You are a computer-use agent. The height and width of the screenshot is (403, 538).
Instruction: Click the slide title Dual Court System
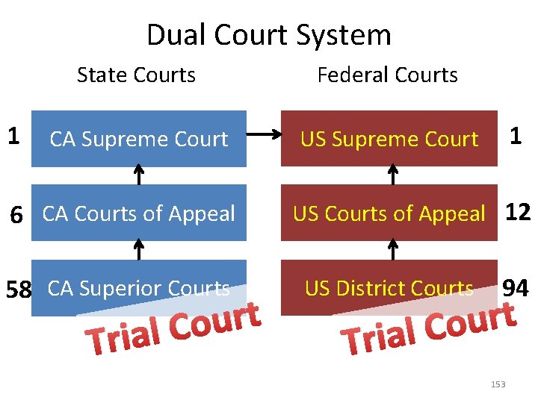pos(268,35)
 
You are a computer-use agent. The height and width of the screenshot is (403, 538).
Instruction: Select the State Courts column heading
pos(136,75)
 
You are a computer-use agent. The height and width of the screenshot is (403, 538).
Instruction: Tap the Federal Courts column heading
pos(387,75)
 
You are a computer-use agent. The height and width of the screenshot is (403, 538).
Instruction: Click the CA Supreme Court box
pos(139,139)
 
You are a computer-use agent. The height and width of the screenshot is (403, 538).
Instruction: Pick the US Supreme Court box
pos(389,139)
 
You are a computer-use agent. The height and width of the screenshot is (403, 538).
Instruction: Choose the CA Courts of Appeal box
pos(139,213)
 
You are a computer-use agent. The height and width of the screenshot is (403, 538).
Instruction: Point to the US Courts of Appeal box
pos(389,213)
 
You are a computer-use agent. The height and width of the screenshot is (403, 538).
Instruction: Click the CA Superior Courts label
pos(139,287)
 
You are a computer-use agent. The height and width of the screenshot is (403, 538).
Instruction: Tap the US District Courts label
pos(389,287)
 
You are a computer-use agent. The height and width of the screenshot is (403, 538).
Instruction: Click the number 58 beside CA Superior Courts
pos(17,289)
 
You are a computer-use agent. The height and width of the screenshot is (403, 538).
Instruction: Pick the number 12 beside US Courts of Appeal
pos(518,213)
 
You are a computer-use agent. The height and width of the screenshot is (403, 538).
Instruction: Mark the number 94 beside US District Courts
pos(516,287)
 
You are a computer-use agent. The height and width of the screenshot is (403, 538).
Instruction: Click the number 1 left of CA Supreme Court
pos(13,136)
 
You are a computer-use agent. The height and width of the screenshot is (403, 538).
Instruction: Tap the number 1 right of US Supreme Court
pos(516,136)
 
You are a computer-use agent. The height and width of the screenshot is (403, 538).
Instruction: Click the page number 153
pos(498,384)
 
